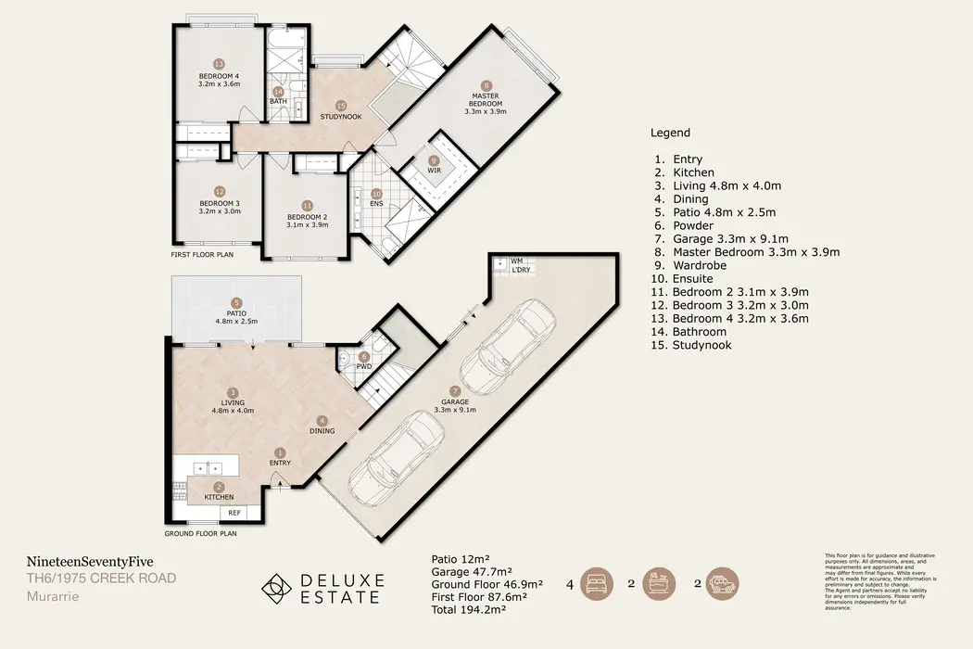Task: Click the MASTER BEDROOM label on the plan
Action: (486, 99)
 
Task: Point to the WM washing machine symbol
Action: (500, 263)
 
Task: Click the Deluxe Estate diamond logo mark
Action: (273, 588)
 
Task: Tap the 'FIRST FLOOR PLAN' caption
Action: (201, 253)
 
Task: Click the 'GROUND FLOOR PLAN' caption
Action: (200, 534)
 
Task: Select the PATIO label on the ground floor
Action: (237, 314)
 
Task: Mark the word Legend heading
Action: (670, 133)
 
